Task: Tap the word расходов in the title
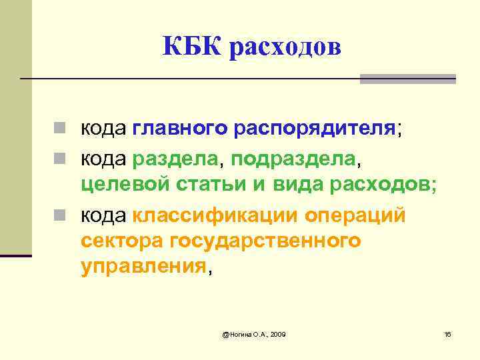[x=286, y=48]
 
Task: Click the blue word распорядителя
[x=315, y=129]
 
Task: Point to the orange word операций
[x=354, y=216]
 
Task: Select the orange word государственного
[x=265, y=241]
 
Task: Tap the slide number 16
[x=447, y=333]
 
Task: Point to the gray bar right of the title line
[x=407, y=79]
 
